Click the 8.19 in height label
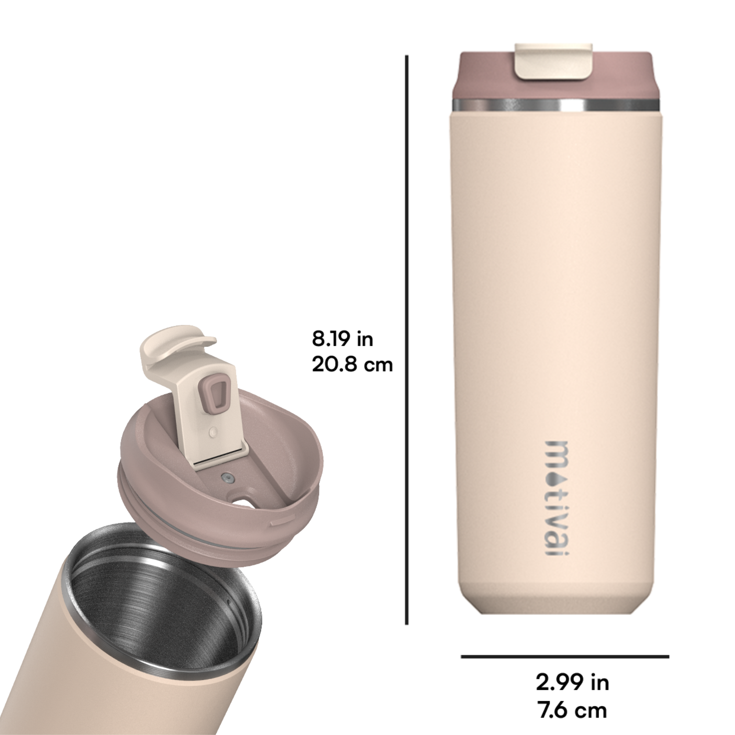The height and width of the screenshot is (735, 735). pos(343,339)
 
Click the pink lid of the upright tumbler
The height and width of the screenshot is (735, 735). pos(553,76)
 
